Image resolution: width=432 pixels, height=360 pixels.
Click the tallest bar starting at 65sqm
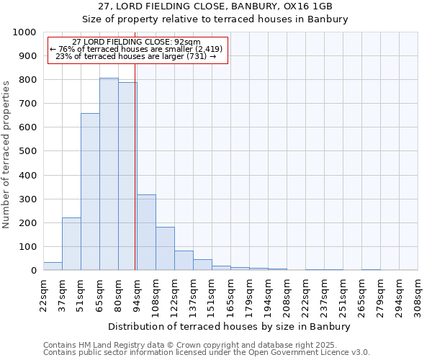pyautogui.click(x=109, y=174)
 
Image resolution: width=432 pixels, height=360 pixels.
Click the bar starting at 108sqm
pyautogui.click(x=165, y=249)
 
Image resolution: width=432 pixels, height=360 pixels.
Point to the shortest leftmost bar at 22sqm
pyautogui.click(x=53, y=266)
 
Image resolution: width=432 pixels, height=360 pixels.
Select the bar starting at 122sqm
pyautogui.click(x=184, y=261)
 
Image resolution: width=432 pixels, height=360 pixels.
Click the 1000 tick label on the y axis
pyautogui.click(x=24, y=32)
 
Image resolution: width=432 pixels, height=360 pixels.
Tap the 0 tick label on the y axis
pyautogui.click(x=33, y=271)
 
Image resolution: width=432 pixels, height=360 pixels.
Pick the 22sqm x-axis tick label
pyautogui.click(x=43, y=294)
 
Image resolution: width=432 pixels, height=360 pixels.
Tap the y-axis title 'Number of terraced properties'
pyautogui.click(x=6, y=154)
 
